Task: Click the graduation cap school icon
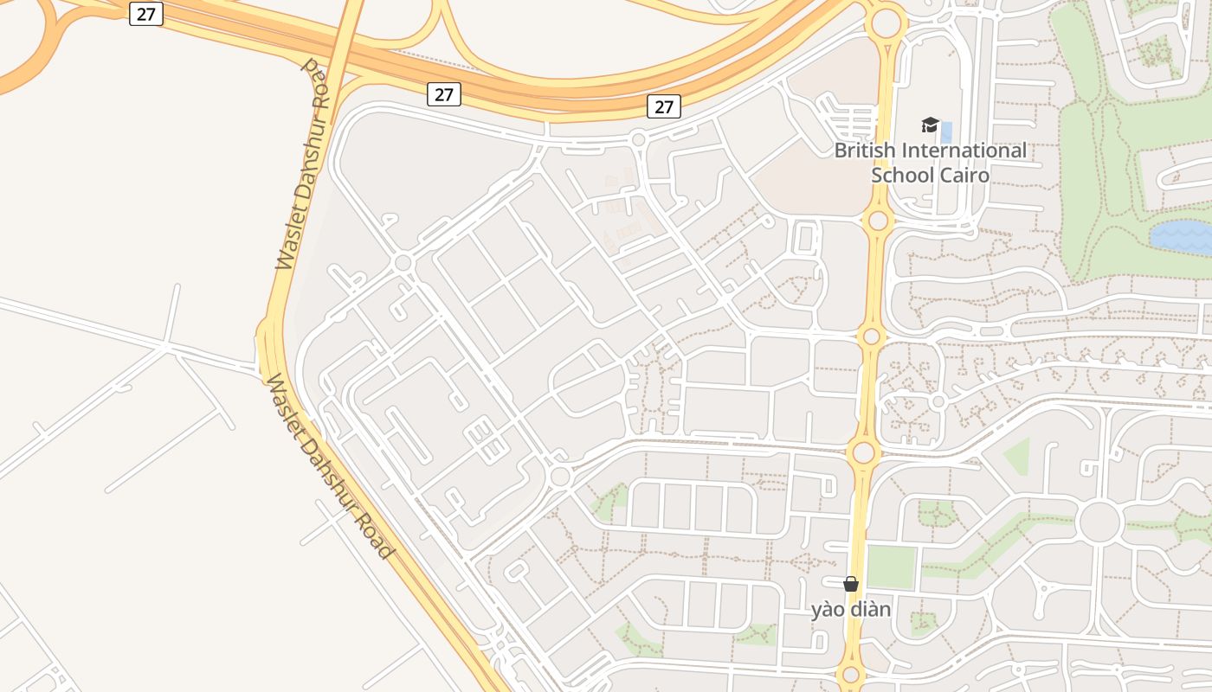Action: [x=930, y=125]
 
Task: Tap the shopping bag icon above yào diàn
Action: [x=851, y=584]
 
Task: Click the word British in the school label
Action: [x=866, y=151]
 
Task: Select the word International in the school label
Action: [x=964, y=151]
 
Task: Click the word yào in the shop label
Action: [x=828, y=610]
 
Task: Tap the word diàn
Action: [x=871, y=610]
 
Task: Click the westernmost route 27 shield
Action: [x=146, y=14]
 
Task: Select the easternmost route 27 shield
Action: [x=664, y=106]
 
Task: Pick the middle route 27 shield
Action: [x=444, y=94]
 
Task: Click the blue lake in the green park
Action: [x=1183, y=236]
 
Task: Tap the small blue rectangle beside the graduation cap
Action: [x=946, y=132]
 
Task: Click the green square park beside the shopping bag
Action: [x=891, y=567]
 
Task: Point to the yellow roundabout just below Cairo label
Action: [x=878, y=221]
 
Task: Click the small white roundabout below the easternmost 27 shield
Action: [x=638, y=138]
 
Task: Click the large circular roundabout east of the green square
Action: [x=1099, y=522]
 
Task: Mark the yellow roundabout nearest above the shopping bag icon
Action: [x=863, y=452]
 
